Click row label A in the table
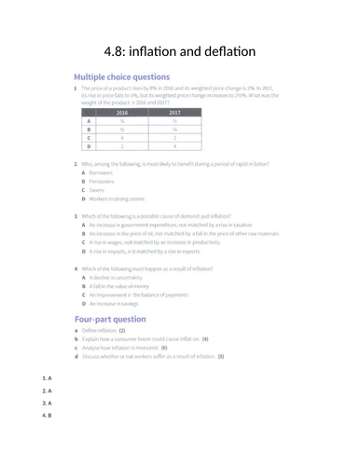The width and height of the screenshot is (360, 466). point(89,121)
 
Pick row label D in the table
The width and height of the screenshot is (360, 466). point(89,146)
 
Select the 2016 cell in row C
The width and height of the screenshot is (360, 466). point(122,138)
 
